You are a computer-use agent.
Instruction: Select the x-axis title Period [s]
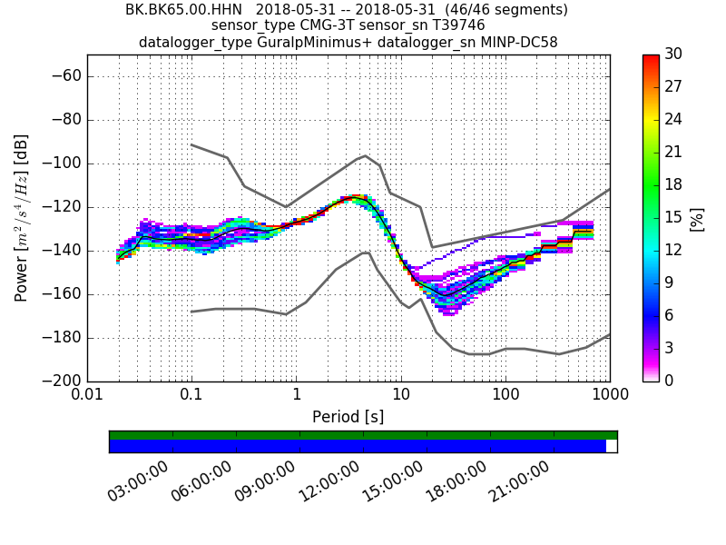pos(348,417)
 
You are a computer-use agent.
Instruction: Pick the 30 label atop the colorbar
pos(672,54)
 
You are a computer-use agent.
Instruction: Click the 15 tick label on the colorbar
pos(672,218)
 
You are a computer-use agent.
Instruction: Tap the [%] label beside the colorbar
pos(697,218)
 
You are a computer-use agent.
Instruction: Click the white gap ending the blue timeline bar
pos(612,446)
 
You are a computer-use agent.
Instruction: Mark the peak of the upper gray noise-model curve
pos(365,155)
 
